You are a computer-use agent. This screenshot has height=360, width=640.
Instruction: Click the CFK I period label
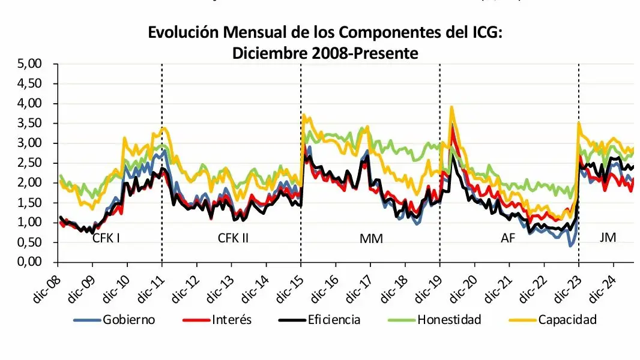[x=106, y=238]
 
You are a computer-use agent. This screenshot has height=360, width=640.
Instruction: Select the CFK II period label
[x=233, y=238]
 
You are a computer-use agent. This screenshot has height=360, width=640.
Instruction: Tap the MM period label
[x=370, y=238]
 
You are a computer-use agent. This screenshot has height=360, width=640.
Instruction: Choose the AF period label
[x=508, y=238]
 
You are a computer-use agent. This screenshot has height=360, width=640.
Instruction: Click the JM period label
[x=608, y=238]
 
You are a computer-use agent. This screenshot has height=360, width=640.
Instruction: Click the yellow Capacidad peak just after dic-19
[x=451, y=107]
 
